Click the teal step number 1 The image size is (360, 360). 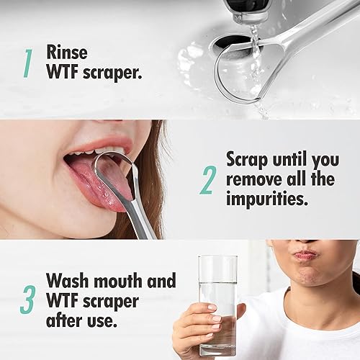27,63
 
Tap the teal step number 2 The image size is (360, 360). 207,181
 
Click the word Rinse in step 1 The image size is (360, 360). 70,53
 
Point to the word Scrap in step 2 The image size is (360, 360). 250,158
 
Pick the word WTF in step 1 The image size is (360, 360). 63,73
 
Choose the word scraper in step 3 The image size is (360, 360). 108,300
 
